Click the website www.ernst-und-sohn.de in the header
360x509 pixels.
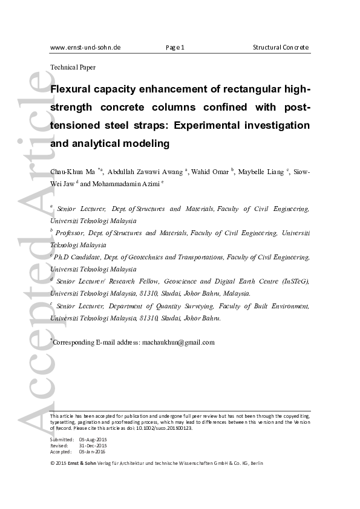point(85,47)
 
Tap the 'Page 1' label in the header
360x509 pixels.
point(175,47)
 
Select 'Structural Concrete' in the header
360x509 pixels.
point(281,47)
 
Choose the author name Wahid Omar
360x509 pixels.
point(211,172)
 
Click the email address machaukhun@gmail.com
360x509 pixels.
point(178,342)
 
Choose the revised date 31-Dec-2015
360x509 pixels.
point(93,446)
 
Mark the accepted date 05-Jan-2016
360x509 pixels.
point(93,452)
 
